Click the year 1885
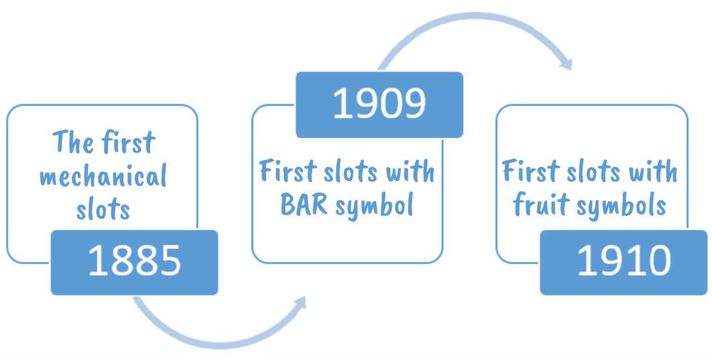[135, 261]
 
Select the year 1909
[379, 104]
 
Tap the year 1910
[623, 261]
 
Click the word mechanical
[103, 176]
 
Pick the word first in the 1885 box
[129, 141]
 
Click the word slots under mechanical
[103, 208]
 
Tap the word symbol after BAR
[374, 206]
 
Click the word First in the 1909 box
[288, 171]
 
